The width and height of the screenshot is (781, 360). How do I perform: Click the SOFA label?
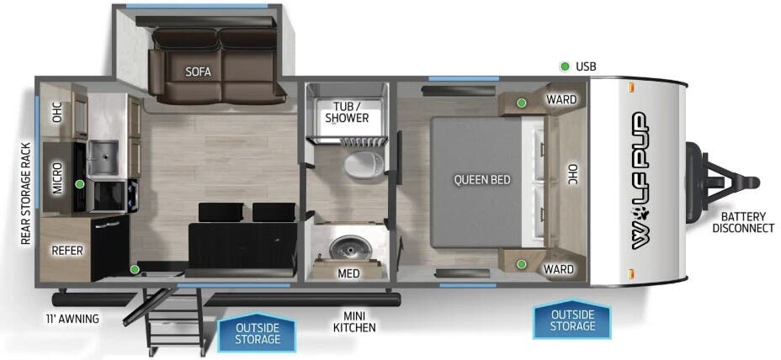tap(199, 71)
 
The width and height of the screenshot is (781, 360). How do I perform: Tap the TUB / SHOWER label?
tap(347, 111)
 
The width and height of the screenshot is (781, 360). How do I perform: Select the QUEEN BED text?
tap(482, 179)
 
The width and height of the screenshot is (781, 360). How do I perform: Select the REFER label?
tap(66, 250)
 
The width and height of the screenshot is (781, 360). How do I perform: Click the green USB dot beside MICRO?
tap(79, 183)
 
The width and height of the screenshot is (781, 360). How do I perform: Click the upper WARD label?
tap(561, 99)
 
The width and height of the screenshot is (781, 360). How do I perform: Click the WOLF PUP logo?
tap(646, 180)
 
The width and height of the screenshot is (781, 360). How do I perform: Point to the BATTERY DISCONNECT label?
tap(743, 222)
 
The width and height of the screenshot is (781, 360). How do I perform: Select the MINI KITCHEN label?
tap(353, 320)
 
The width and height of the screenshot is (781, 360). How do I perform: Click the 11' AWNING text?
tap(72, 319)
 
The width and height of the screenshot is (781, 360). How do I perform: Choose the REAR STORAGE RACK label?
tap(25, 193)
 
